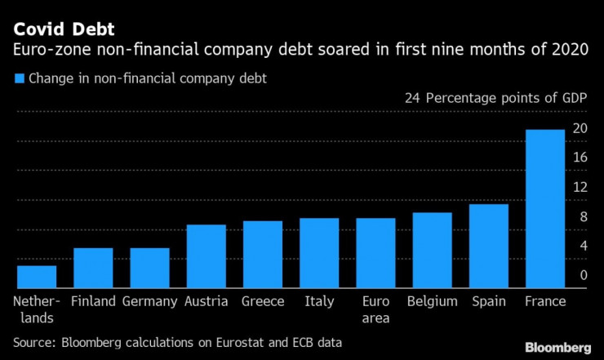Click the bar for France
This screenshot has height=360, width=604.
[x=545, y=209]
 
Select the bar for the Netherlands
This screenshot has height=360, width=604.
[x=37, y=277]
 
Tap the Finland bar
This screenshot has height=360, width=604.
[x=93, y=268]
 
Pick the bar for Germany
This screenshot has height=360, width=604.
[x=149, y=268]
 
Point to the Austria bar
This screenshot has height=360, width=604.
[x=206, y=256]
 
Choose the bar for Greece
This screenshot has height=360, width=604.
[x=263, y=255]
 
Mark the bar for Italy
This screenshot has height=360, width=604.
[x=319, y=253]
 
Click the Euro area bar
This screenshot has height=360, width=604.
[x=375, y=253]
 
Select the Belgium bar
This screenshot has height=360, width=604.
[x=432, y=251]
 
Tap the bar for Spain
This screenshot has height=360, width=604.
[x=489, y=246]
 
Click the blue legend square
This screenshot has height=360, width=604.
[x=19, y=79]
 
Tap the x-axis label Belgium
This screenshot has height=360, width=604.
[x=432, y=301]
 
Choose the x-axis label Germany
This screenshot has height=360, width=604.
[x=149, y=301]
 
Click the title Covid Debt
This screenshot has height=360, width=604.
[x=64, y=31]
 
